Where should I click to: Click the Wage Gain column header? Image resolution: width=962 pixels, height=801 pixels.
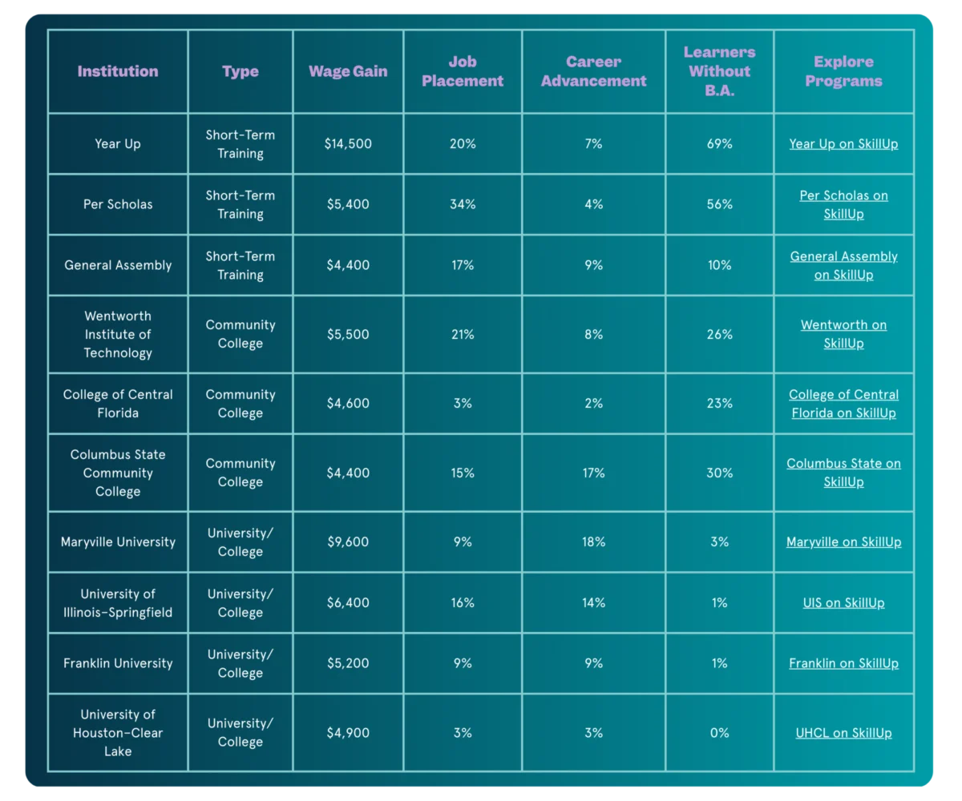click(348, 71)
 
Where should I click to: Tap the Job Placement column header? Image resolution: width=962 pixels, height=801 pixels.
click(463, 71)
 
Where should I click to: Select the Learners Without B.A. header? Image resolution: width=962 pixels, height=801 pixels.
click(719, 71)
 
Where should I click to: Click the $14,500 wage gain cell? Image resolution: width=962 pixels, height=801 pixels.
click(348, 144)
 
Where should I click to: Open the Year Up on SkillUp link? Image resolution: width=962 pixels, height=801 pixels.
click(843, 144)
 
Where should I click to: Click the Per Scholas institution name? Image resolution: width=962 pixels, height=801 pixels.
click(118, 204)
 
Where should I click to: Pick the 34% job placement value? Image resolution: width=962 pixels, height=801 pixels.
click(463, 204)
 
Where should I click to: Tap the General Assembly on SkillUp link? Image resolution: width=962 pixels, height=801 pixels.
click(843, 265)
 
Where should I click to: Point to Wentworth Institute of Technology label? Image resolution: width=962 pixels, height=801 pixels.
click(118, 334)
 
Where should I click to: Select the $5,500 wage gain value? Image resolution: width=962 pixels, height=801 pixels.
click(348, 334)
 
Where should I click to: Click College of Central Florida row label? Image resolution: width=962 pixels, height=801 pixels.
click(118, 404)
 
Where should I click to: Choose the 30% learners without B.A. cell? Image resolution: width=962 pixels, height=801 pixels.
click(719, 473)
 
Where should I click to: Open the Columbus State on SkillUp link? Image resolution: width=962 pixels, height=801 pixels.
click(843, 473)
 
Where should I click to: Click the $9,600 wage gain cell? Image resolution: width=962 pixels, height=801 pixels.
click(348, 542)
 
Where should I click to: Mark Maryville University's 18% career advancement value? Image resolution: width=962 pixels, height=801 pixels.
click(593, 542)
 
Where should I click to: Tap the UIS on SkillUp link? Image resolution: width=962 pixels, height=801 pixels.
click(843, 602)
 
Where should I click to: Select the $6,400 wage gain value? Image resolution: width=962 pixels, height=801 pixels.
click(348, 602)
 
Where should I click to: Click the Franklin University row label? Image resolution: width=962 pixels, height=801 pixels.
click(118, 663)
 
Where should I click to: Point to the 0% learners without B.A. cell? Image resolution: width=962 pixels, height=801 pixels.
click(719, 733)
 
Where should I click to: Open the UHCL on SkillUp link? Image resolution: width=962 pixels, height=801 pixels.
click(843, 733)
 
